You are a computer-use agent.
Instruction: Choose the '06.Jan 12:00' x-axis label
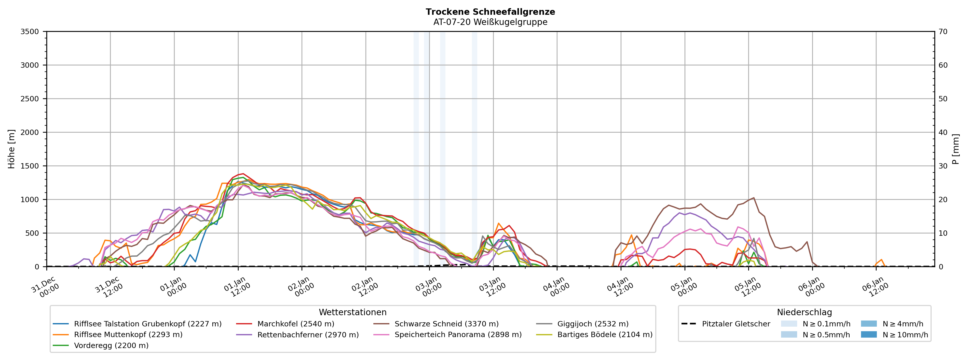tap(875, 287)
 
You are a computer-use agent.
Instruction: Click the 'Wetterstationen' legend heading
tap(352, 312)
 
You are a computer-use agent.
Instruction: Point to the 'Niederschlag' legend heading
tap(804, 312)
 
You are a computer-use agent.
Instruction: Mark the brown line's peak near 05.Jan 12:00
tap(753, 198)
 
